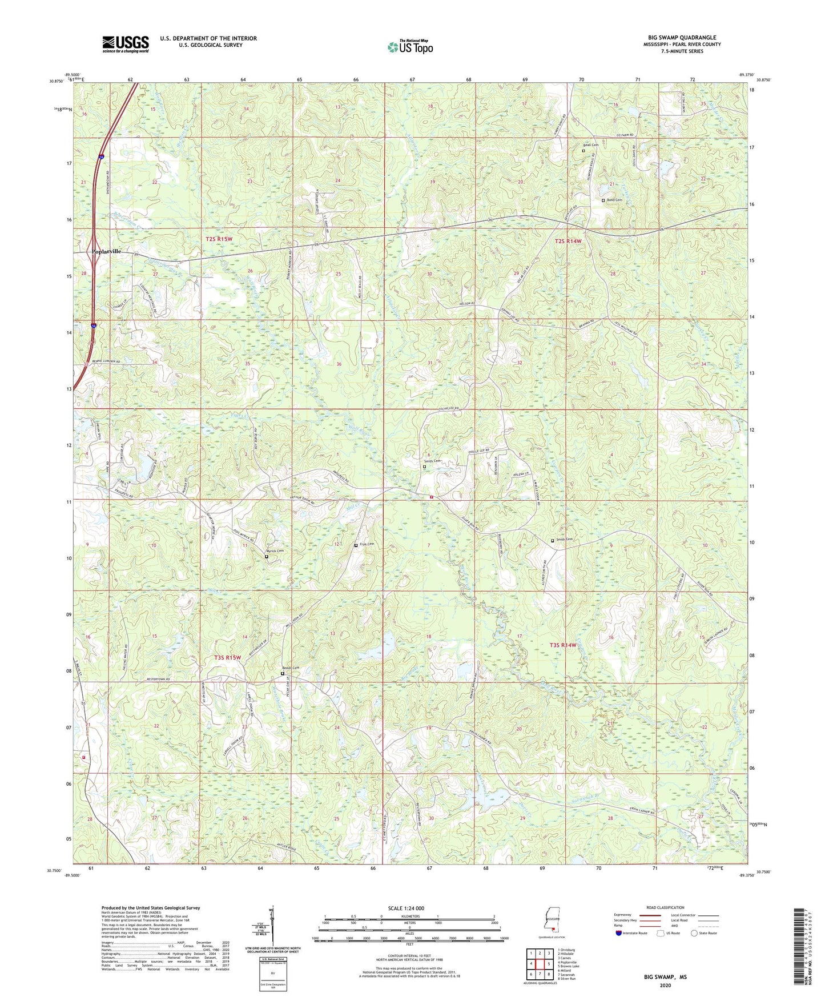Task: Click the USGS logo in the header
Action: (x=126, y=44)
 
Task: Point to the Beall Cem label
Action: (x=590, y=145)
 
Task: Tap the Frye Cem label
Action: (x=366, y=544)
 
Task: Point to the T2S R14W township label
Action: (x=568, y=242)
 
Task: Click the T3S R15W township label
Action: (x=228, y=657)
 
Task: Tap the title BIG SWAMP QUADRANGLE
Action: (x=682, y=38)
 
